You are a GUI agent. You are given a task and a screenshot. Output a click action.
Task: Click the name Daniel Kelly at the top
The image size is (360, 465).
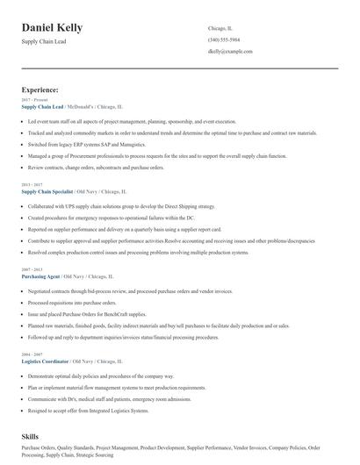pos(53,28)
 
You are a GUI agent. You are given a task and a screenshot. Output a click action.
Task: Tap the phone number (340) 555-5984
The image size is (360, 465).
pos(226,40)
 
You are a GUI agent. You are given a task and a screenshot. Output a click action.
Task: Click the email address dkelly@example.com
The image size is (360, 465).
pos(230,53)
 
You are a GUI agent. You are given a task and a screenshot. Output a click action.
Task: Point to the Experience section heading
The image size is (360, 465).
pos(40,89)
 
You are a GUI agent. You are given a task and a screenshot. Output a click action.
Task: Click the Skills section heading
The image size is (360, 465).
pos(31,435)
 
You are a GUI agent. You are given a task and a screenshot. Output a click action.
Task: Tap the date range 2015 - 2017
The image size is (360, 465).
pos(32,184)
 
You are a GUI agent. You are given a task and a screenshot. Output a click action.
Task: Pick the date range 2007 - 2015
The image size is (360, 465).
pos(32,269)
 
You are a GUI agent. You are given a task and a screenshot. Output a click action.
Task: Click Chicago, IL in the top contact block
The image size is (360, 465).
pos(221,28)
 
